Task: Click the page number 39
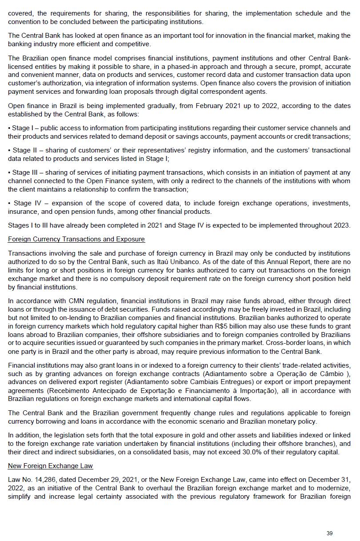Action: (x=329, y=533)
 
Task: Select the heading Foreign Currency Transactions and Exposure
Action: (x=76, y=239)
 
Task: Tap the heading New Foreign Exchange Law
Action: (x=50, y=465)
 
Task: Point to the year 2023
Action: (x=342, y=225)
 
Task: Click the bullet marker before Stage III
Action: (x=9, y=172)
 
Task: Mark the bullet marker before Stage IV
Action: (x=9, y=203)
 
